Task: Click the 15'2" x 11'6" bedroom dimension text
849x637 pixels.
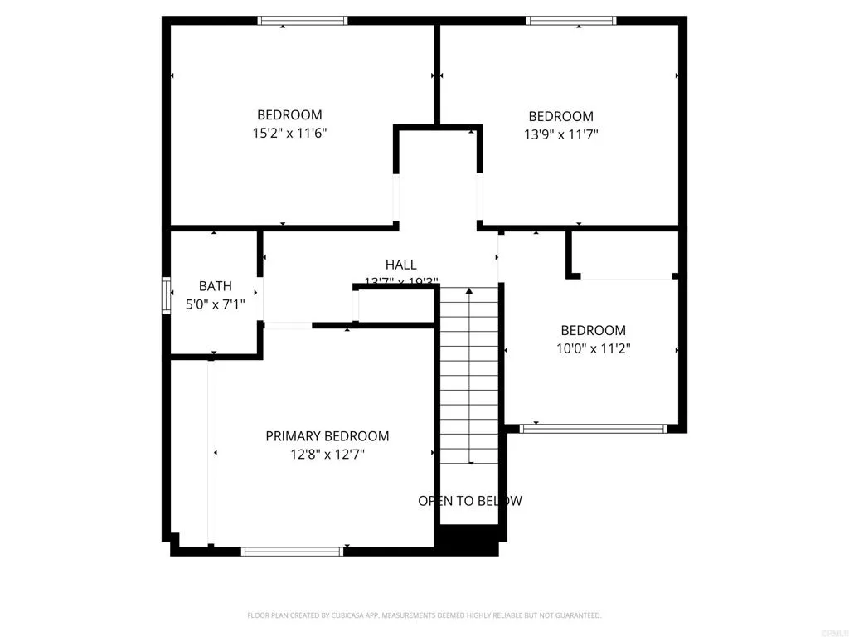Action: [289, 133]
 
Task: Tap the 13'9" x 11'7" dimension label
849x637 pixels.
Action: [561, 134]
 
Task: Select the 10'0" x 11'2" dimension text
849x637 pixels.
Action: [593, 348]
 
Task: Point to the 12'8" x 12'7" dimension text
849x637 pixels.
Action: [327, 454]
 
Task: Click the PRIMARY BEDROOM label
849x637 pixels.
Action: [327, 436]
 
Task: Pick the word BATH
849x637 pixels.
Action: [215, 286]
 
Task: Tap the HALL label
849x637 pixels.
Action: [401, 265]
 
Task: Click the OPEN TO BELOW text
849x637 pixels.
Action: [470, 501]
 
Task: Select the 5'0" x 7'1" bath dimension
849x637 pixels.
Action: [215, 304]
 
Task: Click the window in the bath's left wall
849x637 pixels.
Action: [166, 296]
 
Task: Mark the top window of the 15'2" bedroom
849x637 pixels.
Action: [303, 21]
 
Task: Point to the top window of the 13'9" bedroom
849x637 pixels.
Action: [571, 21]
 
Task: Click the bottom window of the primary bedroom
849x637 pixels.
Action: [292, 551]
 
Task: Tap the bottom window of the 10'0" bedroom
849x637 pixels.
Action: [593, 429]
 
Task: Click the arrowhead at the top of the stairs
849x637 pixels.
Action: [470, 291]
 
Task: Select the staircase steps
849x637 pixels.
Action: [470, 373]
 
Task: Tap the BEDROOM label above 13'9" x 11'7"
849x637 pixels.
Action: [561, 117]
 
